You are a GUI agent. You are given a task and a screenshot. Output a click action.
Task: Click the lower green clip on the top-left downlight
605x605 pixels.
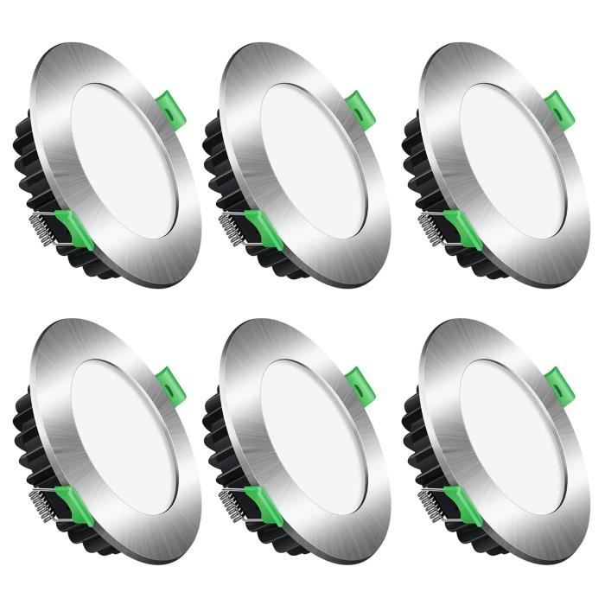[74, 228]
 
